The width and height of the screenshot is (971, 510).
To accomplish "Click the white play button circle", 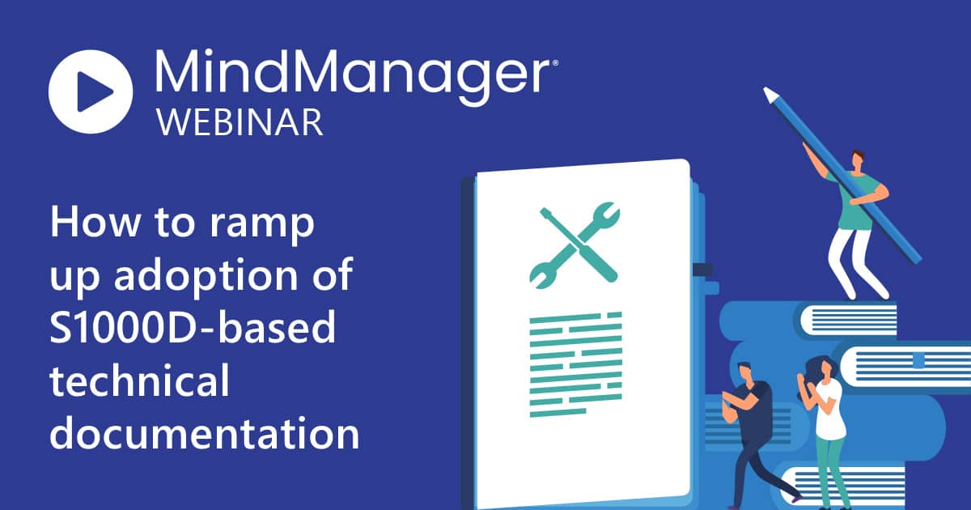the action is [91, 91].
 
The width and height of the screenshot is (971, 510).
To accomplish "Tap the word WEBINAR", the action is [240, 123].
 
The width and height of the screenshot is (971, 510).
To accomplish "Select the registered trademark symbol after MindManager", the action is [554, 63].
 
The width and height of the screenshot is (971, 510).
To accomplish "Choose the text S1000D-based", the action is [193, 327].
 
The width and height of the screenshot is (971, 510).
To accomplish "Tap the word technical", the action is [139, 380].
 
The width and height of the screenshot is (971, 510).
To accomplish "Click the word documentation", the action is [205, 432].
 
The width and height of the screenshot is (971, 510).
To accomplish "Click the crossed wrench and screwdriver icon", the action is [575, 245].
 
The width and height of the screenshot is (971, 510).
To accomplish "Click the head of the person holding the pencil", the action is [858, 159].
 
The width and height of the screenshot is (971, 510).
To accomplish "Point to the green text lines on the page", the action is [575, 365].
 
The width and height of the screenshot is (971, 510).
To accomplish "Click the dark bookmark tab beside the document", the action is [702, 270].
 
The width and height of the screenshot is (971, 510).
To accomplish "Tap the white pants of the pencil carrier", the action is [851, 265].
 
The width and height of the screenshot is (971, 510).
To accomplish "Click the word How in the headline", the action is [95, 222].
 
